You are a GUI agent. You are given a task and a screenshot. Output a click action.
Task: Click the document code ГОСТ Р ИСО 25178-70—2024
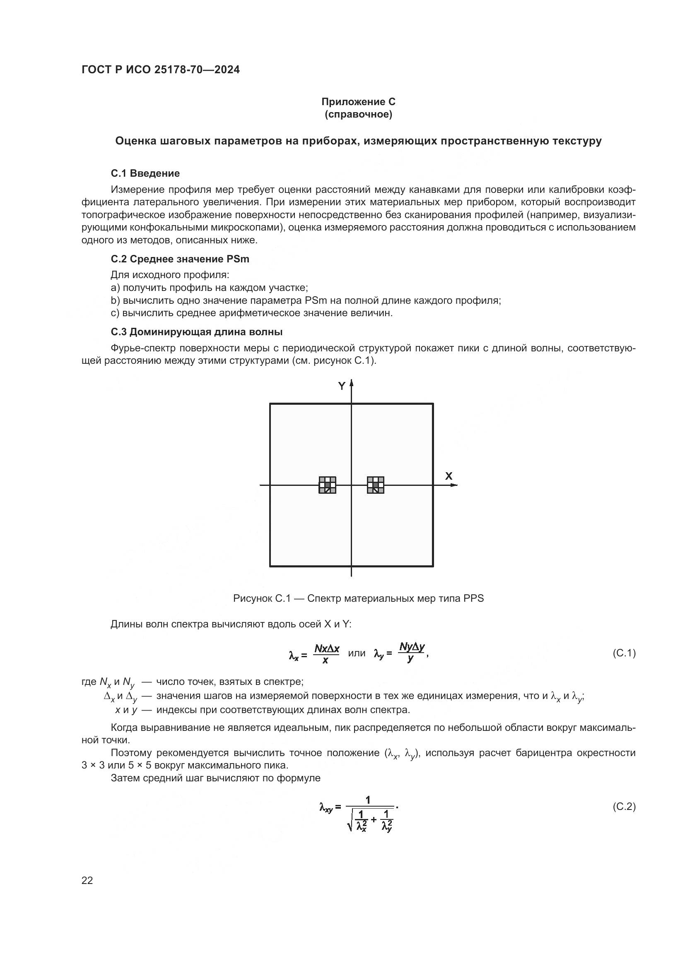point(160,70)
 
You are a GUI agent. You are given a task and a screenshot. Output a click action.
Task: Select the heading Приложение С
point(358,102)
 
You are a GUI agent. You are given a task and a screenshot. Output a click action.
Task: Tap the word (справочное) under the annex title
point(358,115)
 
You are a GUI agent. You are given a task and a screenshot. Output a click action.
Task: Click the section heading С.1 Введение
point(145,173)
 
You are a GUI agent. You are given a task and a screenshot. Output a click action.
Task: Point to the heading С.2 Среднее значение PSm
point(180,259)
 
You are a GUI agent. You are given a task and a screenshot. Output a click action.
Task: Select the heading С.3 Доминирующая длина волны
point(197,332)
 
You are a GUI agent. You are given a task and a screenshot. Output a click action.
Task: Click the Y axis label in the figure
point(342,386)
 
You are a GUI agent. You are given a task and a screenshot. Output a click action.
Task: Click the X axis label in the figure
point(449,476)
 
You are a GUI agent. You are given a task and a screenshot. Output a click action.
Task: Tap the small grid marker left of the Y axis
point(327,485)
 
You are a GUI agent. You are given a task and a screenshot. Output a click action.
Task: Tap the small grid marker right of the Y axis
point(375,485)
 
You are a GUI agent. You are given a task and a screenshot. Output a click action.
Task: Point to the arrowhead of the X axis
point(454,485)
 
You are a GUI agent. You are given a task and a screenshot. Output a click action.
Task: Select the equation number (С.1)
point(623,653)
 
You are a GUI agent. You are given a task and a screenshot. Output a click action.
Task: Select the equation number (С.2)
point(623,807)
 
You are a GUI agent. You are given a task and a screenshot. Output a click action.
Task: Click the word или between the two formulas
point(357,653)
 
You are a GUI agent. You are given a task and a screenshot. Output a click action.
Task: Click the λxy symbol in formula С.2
point(326,808)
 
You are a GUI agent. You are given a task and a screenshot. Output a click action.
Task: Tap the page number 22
point(87,880)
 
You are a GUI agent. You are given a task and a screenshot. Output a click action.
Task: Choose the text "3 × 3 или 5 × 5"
point(122,765)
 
